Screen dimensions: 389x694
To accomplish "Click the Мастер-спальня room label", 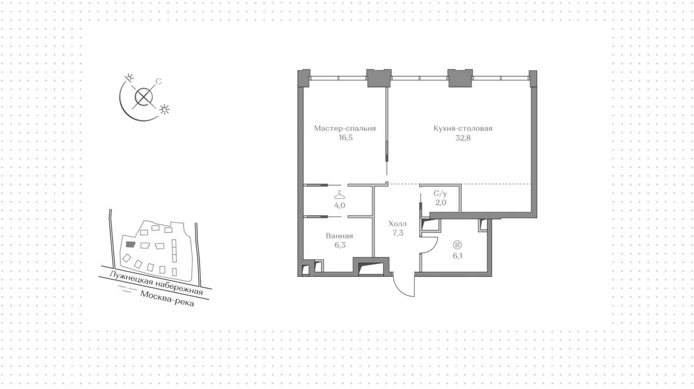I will [x=345, y=128].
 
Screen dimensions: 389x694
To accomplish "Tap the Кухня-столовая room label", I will [x=463, y=128].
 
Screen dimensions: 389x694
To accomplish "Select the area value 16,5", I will [x=345, y=138].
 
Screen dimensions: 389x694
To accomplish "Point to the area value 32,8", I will [x=463, y=138].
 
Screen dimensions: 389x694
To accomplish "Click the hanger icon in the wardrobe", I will [x=340, y=194].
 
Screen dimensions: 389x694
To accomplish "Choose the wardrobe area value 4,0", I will [x=340, y=205].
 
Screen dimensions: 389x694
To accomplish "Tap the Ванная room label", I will [x=339, y=236].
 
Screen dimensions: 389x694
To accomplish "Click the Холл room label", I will [x=397, y=224].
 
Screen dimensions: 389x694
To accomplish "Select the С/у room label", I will [x=440, y=194].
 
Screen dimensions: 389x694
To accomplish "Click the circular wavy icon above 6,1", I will [x=458, y=245].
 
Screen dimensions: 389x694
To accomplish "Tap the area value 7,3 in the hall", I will [x=397, y=233].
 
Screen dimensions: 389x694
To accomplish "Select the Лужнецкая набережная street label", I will [x=156, y=283].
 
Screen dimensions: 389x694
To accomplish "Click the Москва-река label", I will [x=167, y=298].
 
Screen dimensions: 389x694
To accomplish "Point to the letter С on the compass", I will [x=158, y=82].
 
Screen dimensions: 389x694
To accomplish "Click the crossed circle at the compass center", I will [x=144, y=97].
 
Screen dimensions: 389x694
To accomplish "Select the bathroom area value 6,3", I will [x=340, y=245].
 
